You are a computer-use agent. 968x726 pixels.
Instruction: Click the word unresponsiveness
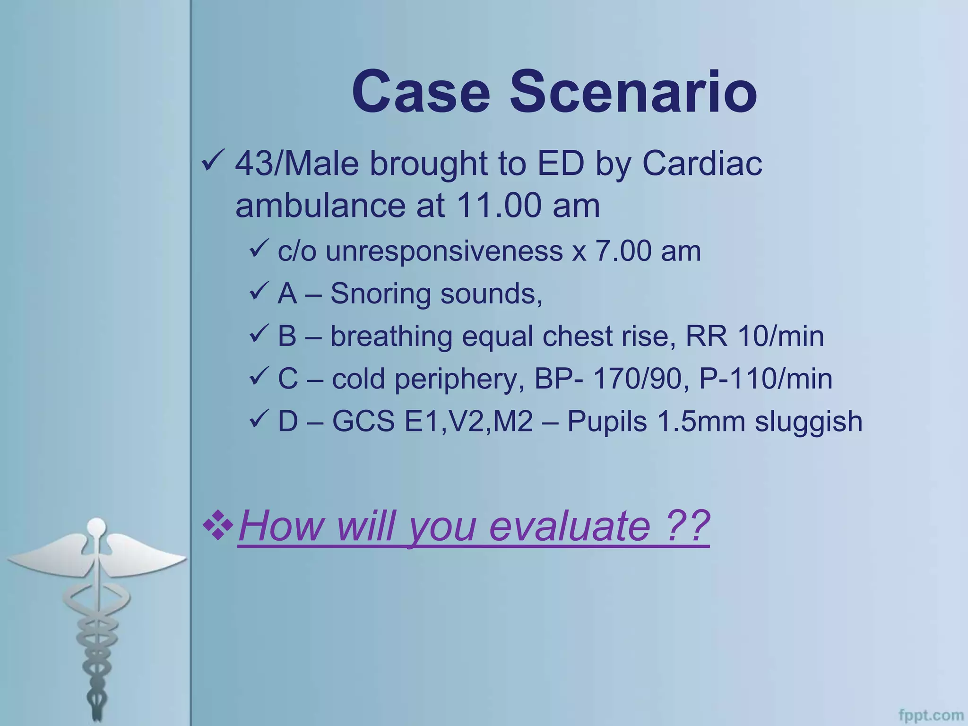click(x=444, y=251)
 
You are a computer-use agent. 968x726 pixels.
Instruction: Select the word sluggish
click(x=808, y=422)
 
